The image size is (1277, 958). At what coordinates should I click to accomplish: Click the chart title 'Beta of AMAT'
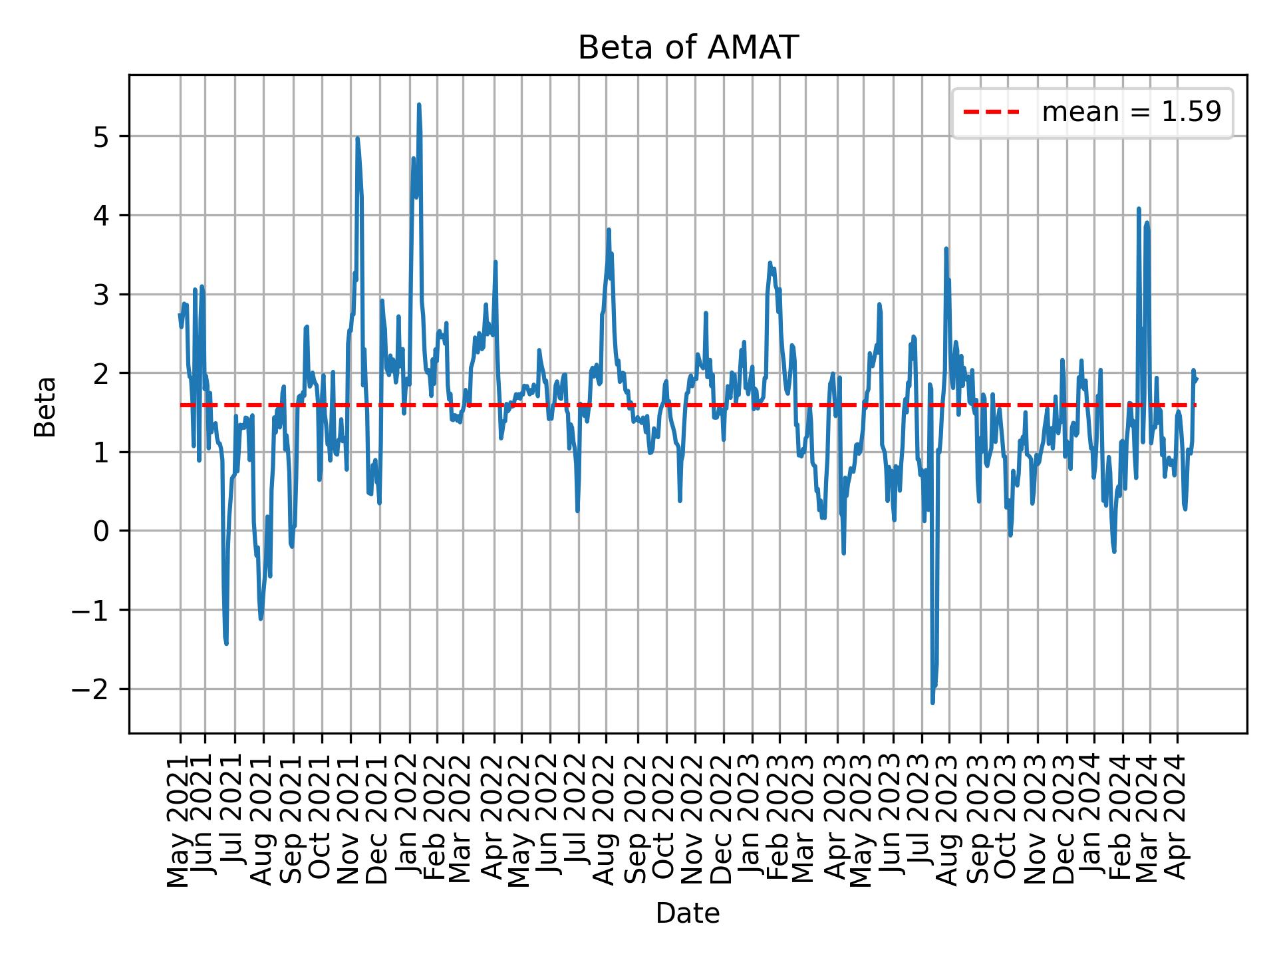(687, 48)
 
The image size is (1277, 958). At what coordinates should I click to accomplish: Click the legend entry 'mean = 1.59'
(1131, 113)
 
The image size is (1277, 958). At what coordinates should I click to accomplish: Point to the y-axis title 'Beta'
(45, 406)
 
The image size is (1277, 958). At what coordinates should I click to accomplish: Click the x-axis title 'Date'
(687, 913)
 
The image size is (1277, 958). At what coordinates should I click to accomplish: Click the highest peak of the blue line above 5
(418, 104)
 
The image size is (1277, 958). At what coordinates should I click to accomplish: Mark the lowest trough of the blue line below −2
(932, 703)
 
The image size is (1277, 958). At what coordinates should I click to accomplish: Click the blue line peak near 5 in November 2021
(357, 138)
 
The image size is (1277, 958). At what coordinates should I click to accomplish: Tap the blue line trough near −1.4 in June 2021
(226, 643)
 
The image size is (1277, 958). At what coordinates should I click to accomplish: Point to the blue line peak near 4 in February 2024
(1139, 209)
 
